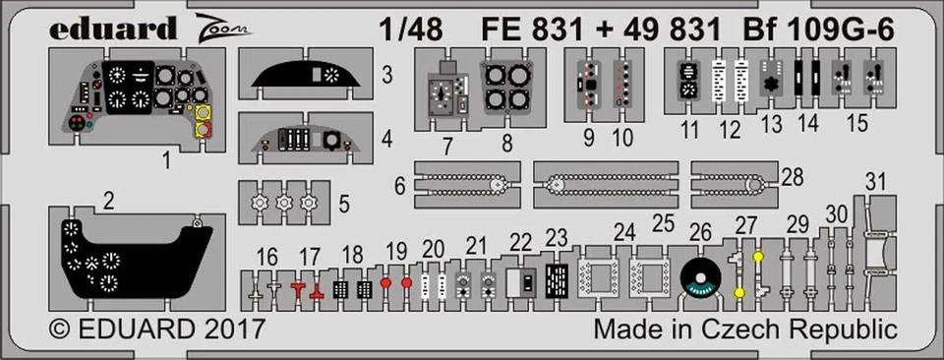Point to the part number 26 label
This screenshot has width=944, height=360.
click(x=700, y=232)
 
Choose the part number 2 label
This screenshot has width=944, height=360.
click(x=108, y=203)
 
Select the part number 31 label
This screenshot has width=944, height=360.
click(x=878, y=181)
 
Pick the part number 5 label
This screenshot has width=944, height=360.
click(x=342, y=205)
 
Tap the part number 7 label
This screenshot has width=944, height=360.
click(x=445, y=147)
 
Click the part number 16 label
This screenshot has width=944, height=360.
click(x=266, y=259)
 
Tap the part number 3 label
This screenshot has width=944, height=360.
click(x=387, y=74)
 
